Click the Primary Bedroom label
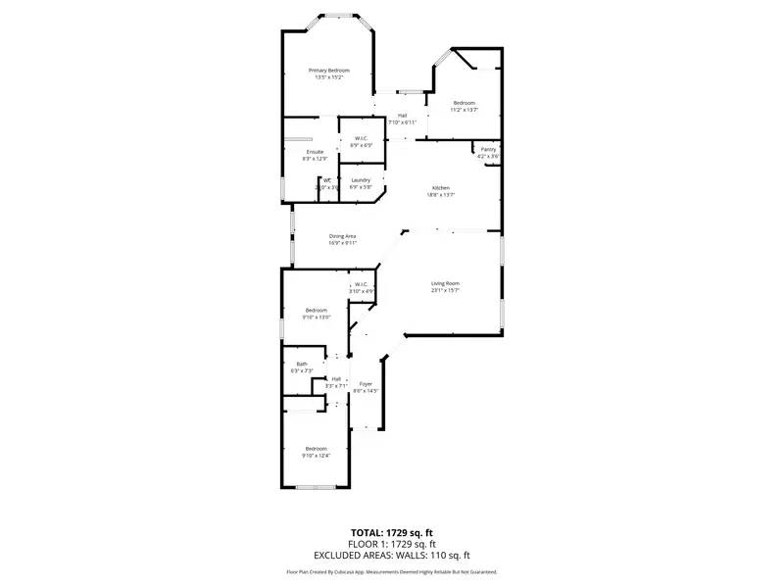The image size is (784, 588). (x=329, y=71)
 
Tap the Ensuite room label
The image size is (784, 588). (x=315, y=152)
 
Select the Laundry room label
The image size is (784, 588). (x=360, y=179)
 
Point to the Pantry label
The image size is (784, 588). (x=488, y=149)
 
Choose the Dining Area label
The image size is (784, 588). (x=342, y=236)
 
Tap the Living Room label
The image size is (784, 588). (x=445, y=284)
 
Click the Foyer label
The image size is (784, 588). (x=366, y=383)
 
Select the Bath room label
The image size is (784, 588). (x=302, y=364)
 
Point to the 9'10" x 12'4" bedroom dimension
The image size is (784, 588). (x=316, y=455)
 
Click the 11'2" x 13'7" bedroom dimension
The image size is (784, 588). (x=464, y=110)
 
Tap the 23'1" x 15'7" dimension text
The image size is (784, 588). (x=445, y=291)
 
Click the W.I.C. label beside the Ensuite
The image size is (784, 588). (x=360, y=138)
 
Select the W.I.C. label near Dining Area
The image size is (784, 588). (x=362, y=285)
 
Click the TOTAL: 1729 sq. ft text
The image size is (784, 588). (x=391, y=532)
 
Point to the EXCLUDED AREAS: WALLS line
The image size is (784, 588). (x=391, y=555)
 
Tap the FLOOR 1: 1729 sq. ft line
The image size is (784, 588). (x=391, y=543)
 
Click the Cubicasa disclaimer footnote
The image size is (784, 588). (x=391, y=571)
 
